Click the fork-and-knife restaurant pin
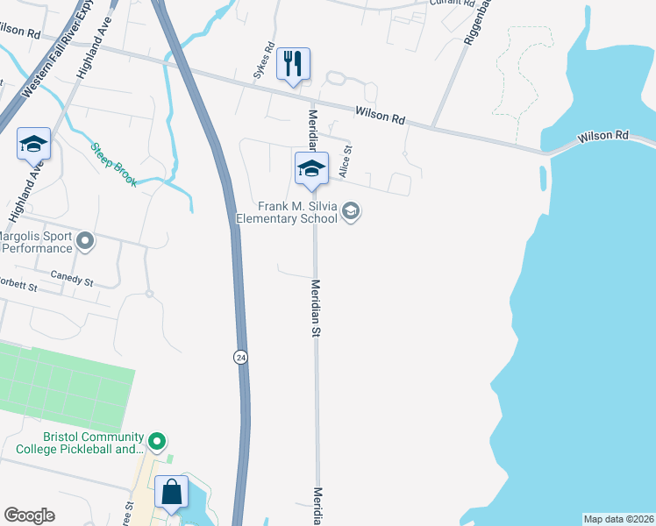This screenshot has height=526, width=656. click(293, 65)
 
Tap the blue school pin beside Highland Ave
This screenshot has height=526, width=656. click(33, 145)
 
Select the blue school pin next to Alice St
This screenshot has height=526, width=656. click(310, 168)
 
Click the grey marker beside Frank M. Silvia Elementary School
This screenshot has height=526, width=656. click(352, 211)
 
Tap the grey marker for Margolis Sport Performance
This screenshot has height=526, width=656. click(85, 239)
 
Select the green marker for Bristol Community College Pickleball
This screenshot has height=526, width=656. click(157, 439)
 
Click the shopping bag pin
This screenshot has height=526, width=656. click(171, 493)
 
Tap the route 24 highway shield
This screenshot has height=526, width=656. click(239, 357)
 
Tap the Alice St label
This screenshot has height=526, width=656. click(346, 163)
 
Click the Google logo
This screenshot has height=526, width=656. click(30, 515)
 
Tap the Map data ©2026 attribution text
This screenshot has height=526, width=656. click(618, 518)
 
